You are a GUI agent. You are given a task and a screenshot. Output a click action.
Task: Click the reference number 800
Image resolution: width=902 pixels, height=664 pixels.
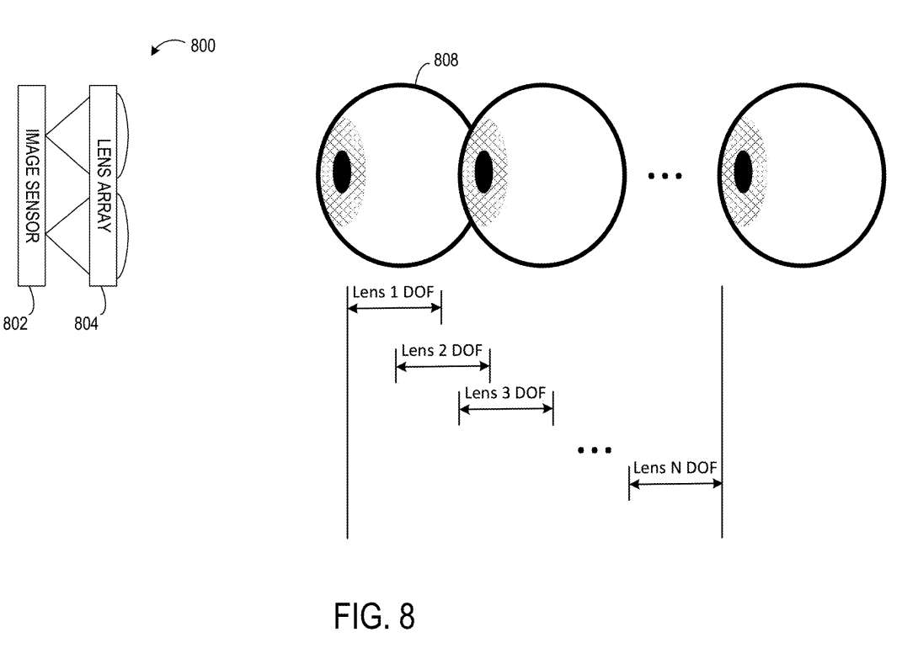point(202,45)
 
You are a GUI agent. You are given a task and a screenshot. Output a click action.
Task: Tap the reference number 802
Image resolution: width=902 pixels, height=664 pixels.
point(14,322)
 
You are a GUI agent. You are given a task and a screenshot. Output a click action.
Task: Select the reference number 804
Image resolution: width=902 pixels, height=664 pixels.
point(86,322)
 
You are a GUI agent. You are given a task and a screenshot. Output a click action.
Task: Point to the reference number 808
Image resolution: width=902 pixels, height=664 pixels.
point(446,61)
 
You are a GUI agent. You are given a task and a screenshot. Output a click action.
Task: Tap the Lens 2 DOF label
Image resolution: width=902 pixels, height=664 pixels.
point(441,350)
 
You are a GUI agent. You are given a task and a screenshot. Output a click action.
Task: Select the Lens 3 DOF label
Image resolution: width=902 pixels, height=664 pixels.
point(505,393)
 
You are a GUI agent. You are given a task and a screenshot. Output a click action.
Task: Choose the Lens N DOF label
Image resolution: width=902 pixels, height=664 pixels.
point(675,469)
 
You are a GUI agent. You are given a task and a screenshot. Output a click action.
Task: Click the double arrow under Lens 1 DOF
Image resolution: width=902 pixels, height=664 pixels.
point(394,309)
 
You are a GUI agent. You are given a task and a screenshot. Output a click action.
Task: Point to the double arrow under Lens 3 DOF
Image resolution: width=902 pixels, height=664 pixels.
point(505,408)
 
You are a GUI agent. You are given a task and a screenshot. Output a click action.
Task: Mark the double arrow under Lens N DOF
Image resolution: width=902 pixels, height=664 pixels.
point(675,483)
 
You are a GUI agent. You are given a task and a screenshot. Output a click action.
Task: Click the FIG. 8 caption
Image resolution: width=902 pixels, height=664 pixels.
point(374,617)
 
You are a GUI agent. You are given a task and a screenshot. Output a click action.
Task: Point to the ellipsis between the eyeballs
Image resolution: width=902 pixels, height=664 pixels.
point(665,176)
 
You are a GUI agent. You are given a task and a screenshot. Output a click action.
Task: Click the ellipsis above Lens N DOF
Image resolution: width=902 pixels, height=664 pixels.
point(594,450)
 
